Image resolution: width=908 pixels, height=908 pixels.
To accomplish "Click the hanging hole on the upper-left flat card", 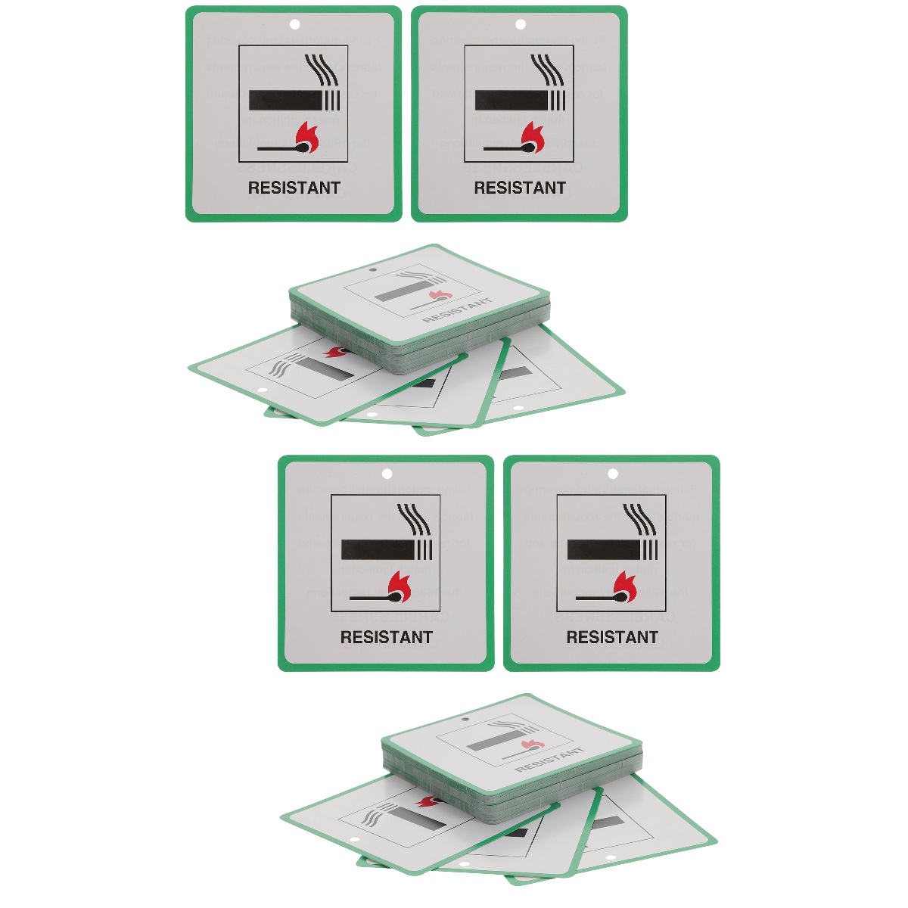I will [x=294, y=25].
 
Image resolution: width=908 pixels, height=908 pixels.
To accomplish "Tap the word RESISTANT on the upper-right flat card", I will [x=520, y=188].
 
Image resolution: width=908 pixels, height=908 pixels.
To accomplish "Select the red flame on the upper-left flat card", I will [x=307, y=136].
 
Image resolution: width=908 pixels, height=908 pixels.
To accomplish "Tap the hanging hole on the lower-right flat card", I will [x=613, y=474].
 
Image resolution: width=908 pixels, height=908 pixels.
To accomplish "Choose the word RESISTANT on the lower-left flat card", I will [x=386, y=637].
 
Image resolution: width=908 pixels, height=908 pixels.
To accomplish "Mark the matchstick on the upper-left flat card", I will [x=284, y=148].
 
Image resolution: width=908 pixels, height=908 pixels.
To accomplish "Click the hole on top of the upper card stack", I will [x=372, y=269].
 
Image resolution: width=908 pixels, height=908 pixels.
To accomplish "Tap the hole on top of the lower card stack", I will [x=465, y=719].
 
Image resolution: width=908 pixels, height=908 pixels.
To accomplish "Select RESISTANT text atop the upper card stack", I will [x=457, y=310].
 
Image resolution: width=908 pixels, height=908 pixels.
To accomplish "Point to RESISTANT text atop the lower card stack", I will [x=550, y=759].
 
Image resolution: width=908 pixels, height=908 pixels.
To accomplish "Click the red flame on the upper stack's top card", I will [x=438, y=294].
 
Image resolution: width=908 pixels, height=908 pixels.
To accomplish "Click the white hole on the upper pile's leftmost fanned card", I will [x=263, y=391].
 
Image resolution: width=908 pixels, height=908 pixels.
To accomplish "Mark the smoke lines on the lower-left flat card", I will [x=415, y=520].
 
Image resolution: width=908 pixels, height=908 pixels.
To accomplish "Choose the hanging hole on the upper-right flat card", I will [x=520, y=25].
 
